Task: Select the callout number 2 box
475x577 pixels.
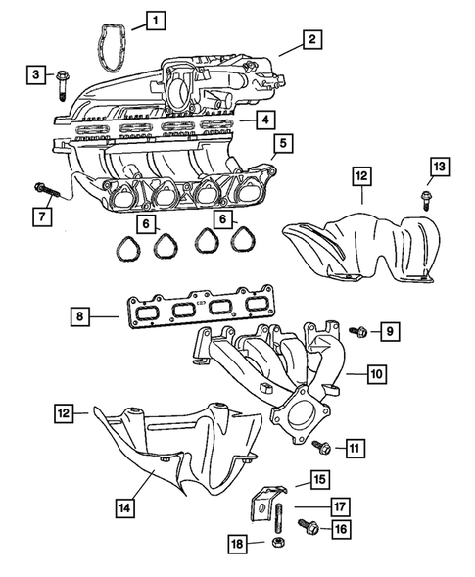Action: pos(311,40)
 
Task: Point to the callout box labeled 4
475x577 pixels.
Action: pos(264,120)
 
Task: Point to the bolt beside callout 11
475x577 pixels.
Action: pos(319,448)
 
